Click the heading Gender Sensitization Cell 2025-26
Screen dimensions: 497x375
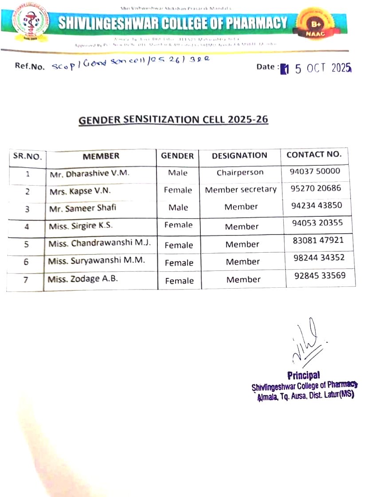point(173,120)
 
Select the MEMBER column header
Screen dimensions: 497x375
point(101,156)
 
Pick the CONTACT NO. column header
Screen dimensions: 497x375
point(314,155)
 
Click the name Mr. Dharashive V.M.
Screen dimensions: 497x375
point(89,173)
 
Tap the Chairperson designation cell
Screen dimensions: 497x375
point(240,172)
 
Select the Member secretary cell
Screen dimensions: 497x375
point(241,190)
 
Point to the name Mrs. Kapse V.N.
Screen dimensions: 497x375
point(80,191)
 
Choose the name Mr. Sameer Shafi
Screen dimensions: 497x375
point(83,207)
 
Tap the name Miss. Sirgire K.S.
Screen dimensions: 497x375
point(81,226)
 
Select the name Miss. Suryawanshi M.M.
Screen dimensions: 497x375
point(96,261)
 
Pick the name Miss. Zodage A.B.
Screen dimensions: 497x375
point(83,279)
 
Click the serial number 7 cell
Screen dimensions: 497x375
point(26,280)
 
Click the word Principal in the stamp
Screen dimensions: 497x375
point(304,376)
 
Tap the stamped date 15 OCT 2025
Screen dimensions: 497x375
point(316,68)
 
